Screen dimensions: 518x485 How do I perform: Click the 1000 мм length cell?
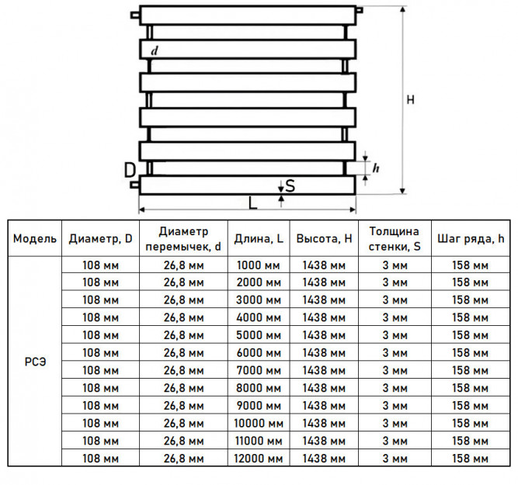point(259,265)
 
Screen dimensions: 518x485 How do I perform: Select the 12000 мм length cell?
point(259,459)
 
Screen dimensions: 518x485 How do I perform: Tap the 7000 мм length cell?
point(259,370)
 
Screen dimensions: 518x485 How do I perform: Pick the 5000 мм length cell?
point(259,335)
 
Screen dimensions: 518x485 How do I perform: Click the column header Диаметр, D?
point(100,238)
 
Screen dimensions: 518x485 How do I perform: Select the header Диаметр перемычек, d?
point(183,239)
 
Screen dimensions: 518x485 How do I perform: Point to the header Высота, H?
point(324,238)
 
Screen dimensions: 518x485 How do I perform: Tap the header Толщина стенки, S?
point(395,239)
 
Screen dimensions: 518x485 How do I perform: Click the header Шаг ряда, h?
point(471,238)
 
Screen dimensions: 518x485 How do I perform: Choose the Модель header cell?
point(35,238)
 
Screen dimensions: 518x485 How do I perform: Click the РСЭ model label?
point(35,362)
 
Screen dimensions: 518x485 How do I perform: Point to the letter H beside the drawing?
point(410,99)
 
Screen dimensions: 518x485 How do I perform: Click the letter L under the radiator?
point(252,203)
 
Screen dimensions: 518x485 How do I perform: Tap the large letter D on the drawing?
point(130,171)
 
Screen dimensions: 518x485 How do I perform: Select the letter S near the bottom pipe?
point(290,186)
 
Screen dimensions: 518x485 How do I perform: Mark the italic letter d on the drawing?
point(155,50)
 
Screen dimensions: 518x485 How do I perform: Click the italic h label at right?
point(376,168)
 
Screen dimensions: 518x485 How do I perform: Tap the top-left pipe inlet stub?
point(135,15)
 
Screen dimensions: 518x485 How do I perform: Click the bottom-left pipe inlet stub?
point(135,185)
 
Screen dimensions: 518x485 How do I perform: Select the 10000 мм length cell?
point(259,423)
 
